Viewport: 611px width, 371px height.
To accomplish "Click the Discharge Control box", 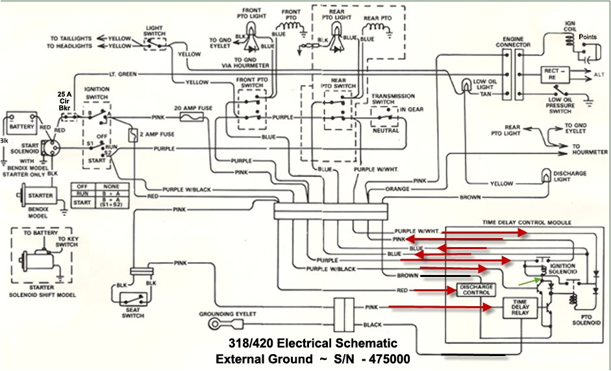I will [x=477, y=290].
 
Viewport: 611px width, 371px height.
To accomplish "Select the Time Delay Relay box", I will [x=521, y=308].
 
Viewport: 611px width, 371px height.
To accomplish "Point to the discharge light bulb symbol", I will [x=546, y=176].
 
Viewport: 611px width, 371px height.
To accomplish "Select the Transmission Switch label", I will [x=392, y=99].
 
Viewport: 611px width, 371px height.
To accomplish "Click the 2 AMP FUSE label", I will [x=159, y=134].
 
